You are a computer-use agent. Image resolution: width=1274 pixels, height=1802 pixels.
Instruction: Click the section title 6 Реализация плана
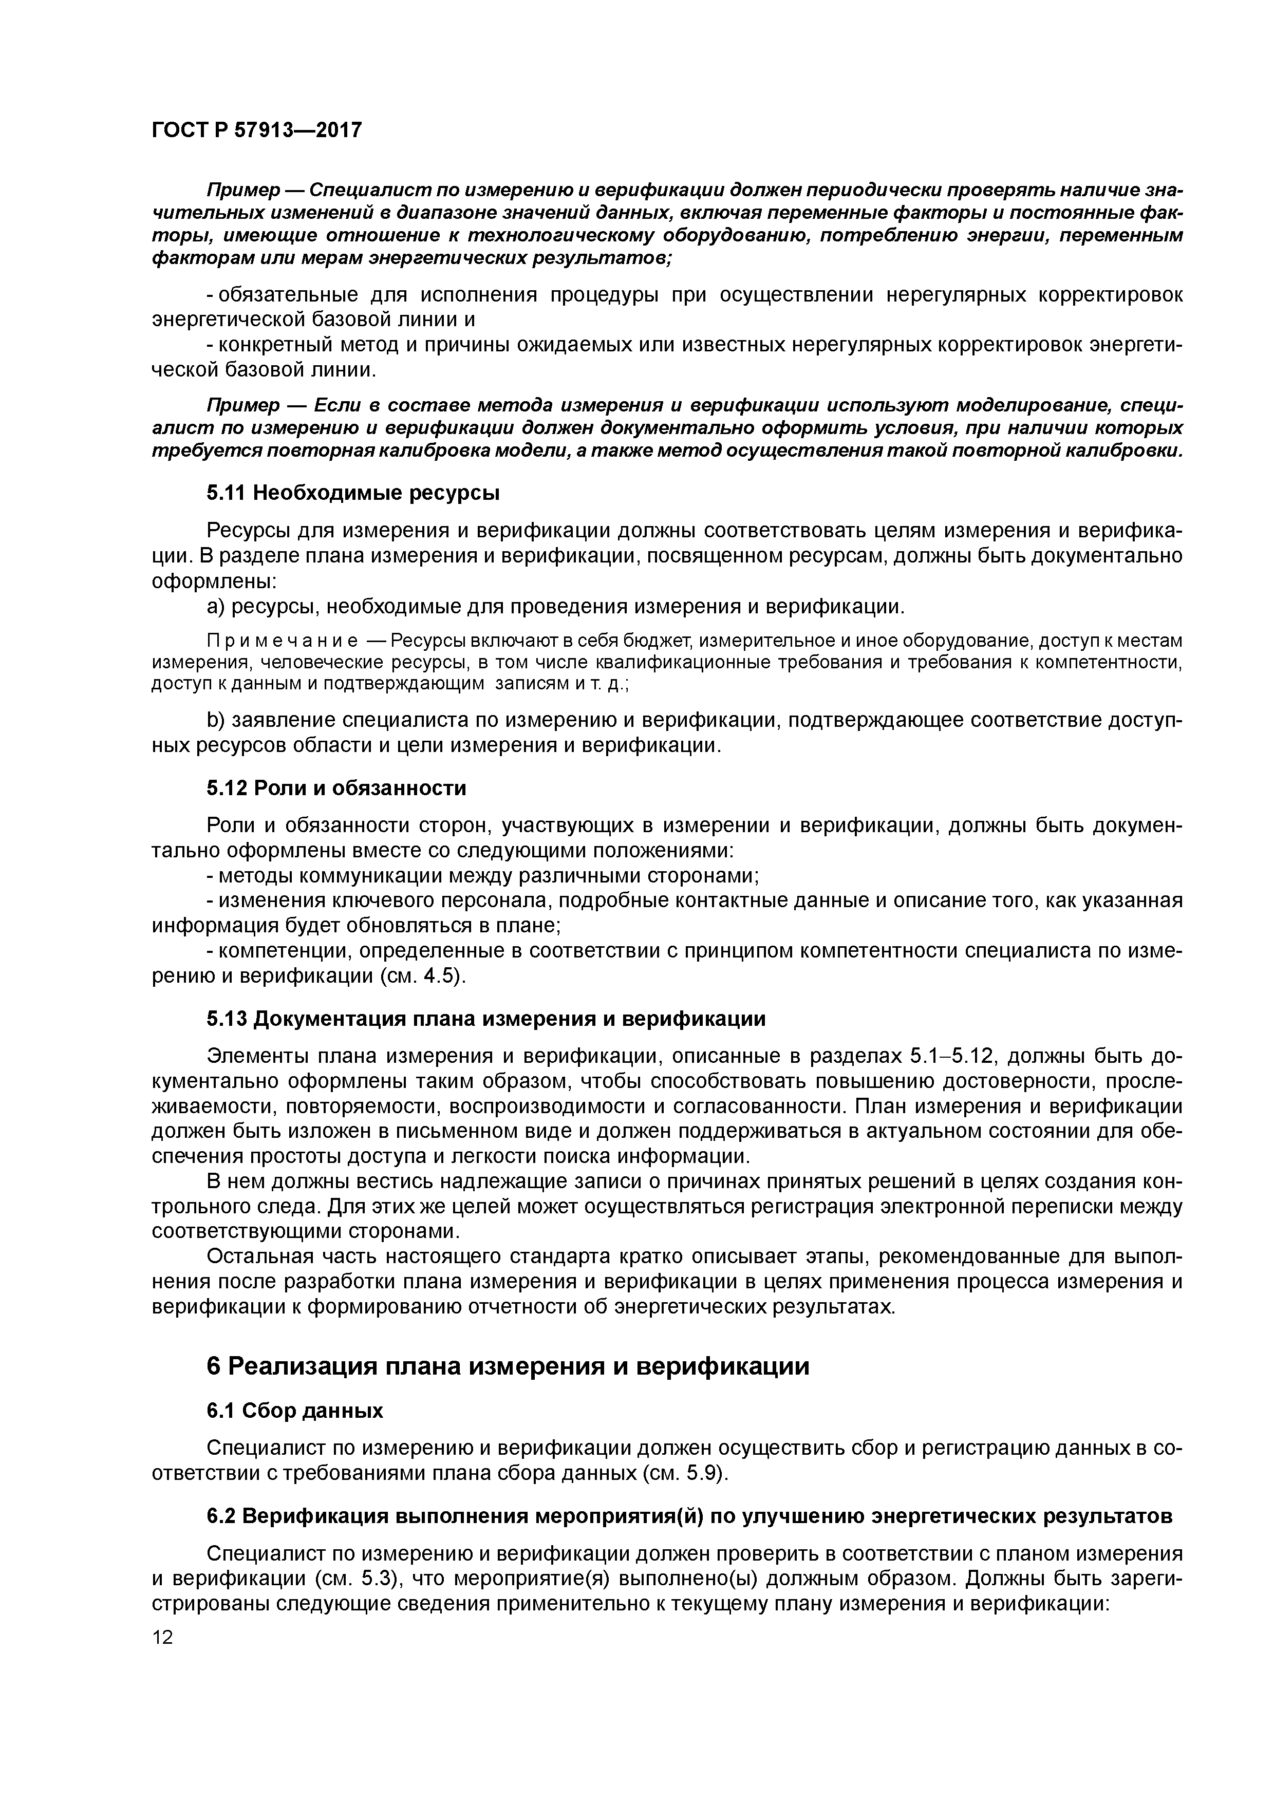pyautogui.click(x=507, y=1366)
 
